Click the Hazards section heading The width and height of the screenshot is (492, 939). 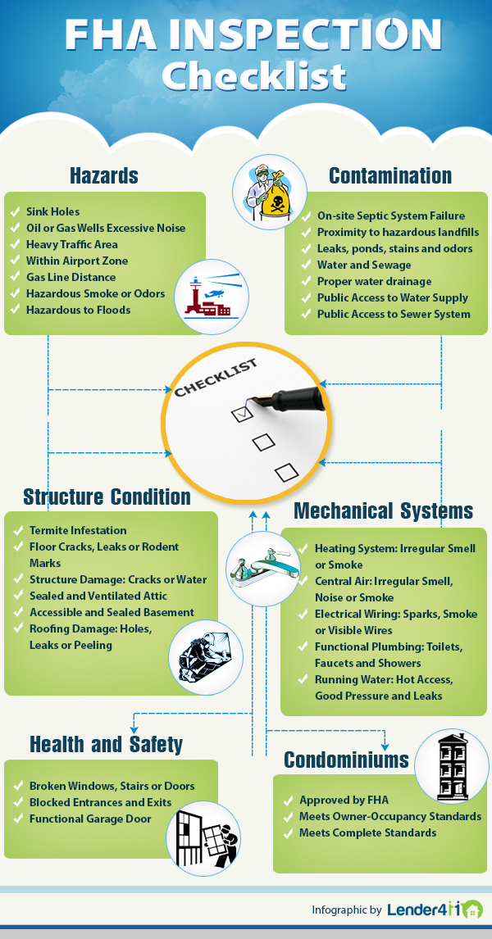[x=104, y=175]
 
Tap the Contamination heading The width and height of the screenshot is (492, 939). [x=390, y=175]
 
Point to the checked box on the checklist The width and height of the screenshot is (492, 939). [x=243, y=413]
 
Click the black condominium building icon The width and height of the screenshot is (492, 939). [x=451, y=767]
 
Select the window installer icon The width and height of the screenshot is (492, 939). [x=203, y=838]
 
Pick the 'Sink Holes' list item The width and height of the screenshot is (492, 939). [x=52, y=211]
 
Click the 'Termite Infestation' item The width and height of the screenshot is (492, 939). [x=78, y=530]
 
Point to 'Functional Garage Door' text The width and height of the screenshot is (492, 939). [x=90, y=819]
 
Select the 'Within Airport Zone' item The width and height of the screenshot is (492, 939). [x=77, y=261]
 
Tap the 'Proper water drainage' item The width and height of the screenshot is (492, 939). [x=374, y=281]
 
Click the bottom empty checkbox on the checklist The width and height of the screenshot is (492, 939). [x=287, y=472]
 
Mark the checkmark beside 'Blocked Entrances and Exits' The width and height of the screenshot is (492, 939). [x=18, y=802]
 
